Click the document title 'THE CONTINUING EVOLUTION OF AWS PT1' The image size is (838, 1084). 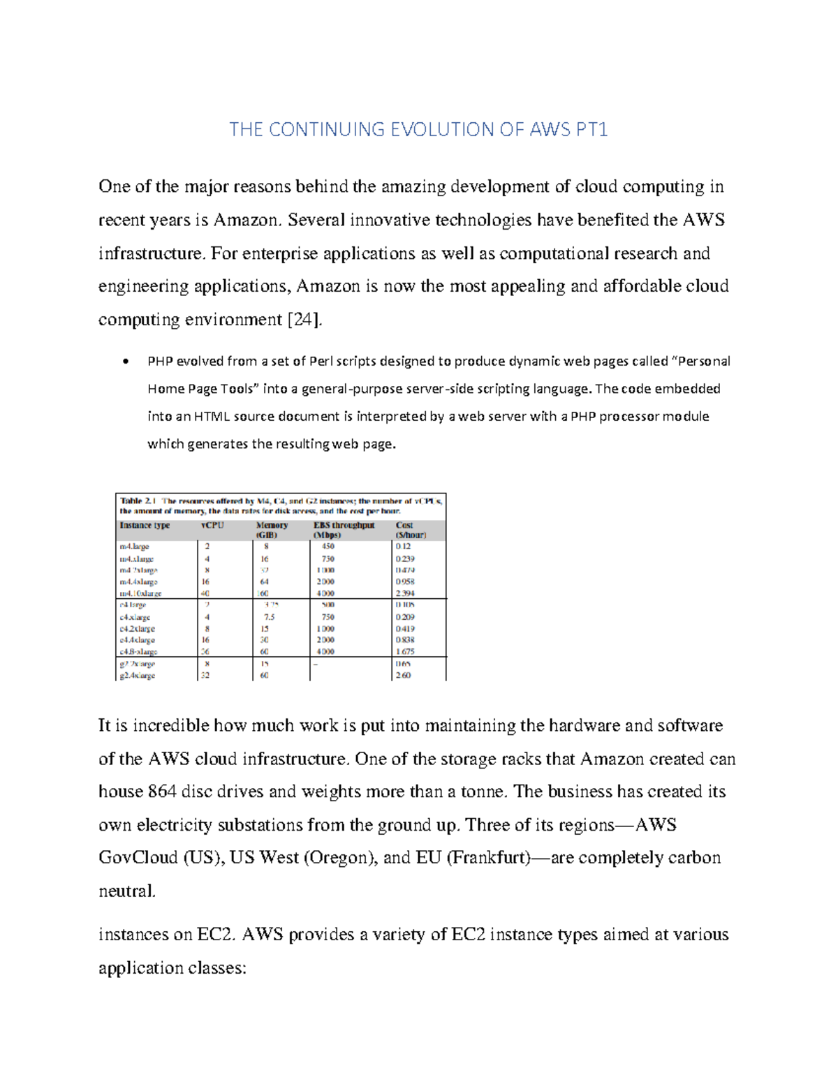coord(418,129)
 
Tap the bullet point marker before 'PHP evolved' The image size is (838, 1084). coord(125,362)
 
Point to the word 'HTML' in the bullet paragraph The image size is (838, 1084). coord(212,416)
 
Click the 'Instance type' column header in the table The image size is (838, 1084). coord(145,526)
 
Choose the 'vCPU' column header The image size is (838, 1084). coord(212,526)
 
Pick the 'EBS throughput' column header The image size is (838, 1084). coord(344,526)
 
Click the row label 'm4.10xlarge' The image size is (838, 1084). coord(140,593)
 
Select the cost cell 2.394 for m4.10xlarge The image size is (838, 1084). coord(405,593)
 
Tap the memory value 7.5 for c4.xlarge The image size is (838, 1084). coord(269,617)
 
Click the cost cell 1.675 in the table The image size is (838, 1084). coord(405,651)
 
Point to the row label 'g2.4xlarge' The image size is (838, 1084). coord(138,676)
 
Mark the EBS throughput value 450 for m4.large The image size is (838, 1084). coord(328,547)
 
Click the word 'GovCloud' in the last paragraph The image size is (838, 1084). coord(138,858)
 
